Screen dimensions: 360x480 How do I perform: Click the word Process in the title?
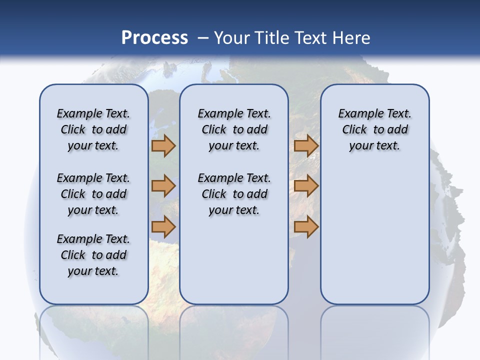click(x=154, y=38)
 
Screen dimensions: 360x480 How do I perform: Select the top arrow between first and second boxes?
click(x=163, y=146)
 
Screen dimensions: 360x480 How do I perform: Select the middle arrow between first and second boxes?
click(x=163, y=186)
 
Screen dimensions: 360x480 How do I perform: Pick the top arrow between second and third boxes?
click(x=306, y=146)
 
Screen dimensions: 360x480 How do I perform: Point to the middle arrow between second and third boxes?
click(x=306, y=186)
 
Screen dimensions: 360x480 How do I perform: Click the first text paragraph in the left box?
click(x=93, y=129)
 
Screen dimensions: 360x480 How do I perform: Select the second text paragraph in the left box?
click(x=93, y=194)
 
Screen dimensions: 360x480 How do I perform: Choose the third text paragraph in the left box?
click(x=93, y=255)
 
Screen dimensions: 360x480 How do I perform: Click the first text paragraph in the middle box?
click(x=234, y=129)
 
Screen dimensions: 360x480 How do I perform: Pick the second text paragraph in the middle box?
click(x=234, y=194)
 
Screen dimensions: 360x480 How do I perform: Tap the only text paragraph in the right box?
click(x=375, y=129)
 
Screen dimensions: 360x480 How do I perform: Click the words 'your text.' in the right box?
click(x=375, y=146)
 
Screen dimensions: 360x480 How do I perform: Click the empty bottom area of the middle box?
click(x=234, y=265)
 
